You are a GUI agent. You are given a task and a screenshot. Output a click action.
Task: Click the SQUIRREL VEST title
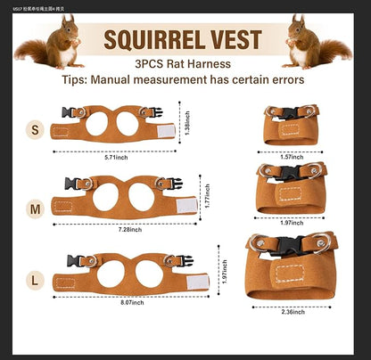coord(183,39)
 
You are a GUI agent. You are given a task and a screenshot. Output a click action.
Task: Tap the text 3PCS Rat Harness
coord(183,63)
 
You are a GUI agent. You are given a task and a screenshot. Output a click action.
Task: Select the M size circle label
coord(35,209)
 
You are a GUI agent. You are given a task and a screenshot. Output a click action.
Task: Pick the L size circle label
coord(35,279)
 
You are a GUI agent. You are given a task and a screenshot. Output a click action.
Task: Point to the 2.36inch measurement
coord(292,313)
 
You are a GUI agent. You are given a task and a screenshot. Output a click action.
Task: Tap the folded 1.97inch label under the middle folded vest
coord(292,223)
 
